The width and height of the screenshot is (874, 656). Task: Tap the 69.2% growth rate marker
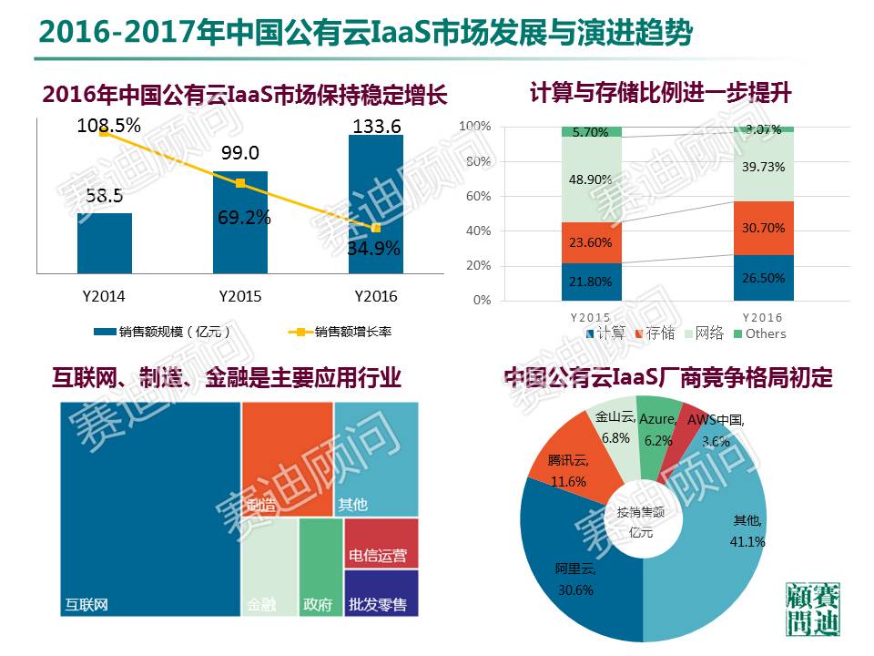pyautogui.click(x=240, y=183)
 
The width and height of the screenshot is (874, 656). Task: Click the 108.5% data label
pyautogui.click(x=108, y=126)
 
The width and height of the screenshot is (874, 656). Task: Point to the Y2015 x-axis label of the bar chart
pyautogui.click(x=240, y=297)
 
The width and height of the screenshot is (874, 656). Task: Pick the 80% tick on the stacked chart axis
pyautogui.click(x=478, y=161)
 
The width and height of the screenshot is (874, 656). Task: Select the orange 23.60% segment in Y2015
pyautogui.click(x=592, y=242)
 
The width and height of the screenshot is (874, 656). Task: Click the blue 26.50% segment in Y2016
pyautogui.click(x=763, y=278)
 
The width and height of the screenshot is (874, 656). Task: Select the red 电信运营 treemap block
pyautogui.click(x=381, y=543)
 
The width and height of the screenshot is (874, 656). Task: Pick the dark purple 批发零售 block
pyautogui.click(x=381, y=592)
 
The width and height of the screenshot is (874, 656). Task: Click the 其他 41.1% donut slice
pyautogui.click(x=728, y=538)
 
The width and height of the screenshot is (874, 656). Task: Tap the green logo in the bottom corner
pyautogui.click(x=813, y=608)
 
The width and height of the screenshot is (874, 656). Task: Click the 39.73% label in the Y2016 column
pyautogui.click(x=763, y=166)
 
